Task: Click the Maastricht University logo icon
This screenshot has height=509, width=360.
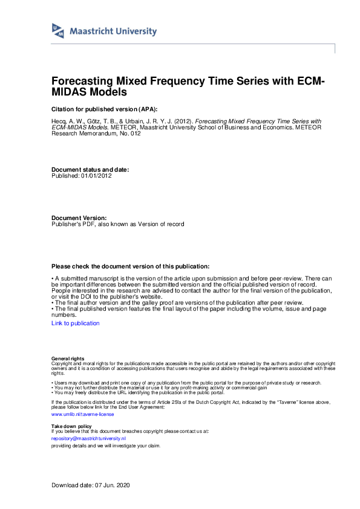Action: click(58, 31)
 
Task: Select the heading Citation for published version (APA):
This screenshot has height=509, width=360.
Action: click(104, 109)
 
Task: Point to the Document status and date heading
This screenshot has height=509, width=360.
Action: click(90, 170)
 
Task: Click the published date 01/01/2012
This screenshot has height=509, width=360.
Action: click(97, 176)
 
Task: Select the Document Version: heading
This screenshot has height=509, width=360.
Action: click(79, 218)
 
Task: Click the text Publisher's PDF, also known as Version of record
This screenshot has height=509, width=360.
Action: click(117, 224)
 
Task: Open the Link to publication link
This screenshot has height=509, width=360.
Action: click(76, 323)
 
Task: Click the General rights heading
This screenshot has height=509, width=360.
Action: click(68, 359)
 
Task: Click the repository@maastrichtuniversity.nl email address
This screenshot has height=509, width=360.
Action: click(88, 438)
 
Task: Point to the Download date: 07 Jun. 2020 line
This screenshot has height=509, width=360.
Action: click(90, 485)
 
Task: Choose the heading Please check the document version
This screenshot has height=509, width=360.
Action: click(130, 266)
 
